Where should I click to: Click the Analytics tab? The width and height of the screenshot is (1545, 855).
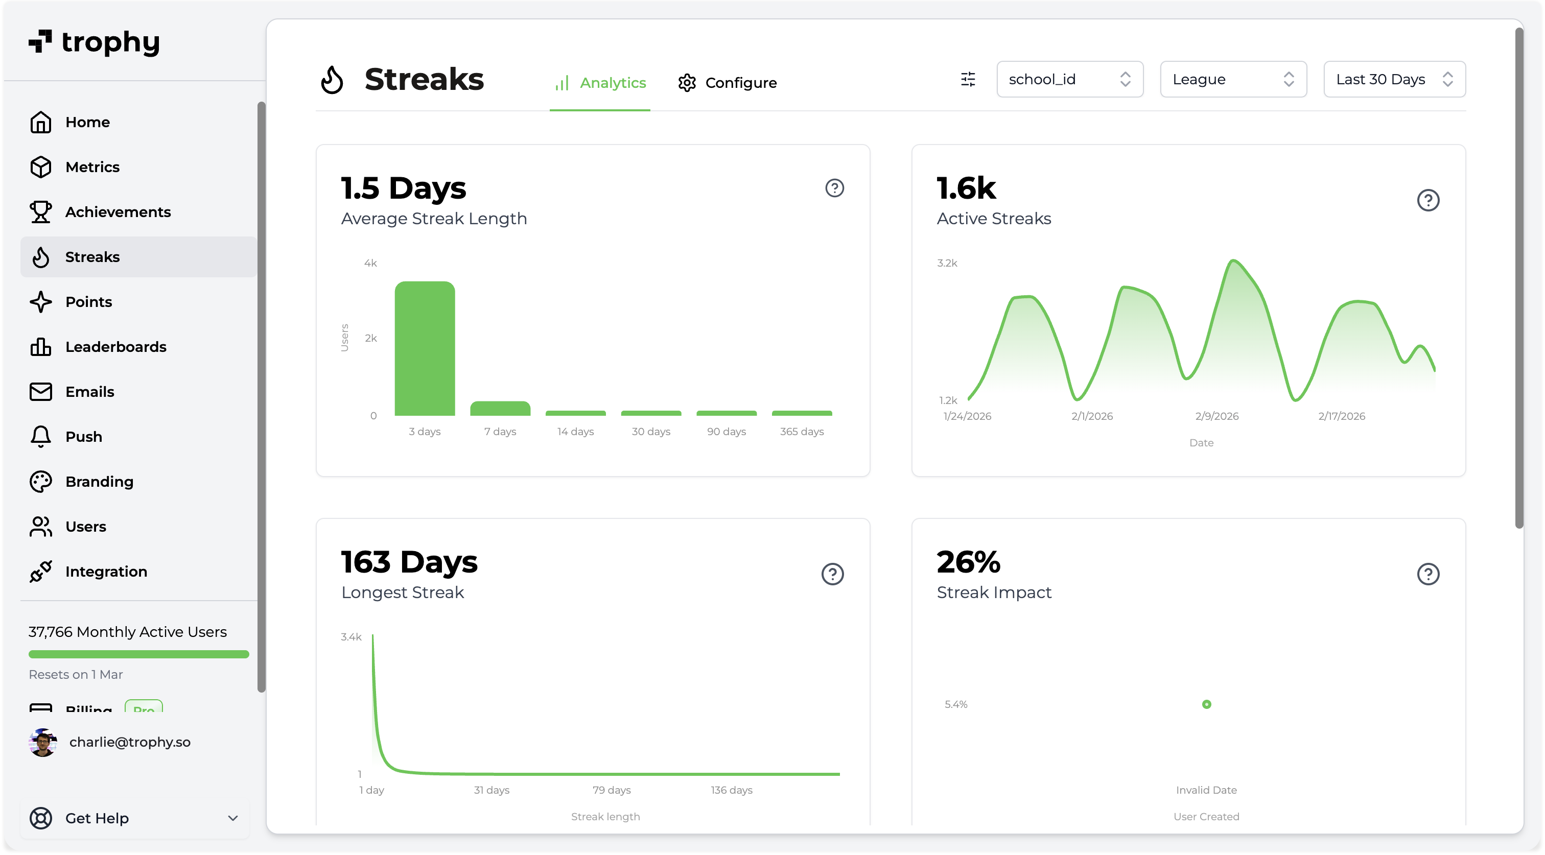[600, 82]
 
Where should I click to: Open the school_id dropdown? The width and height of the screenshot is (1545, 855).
[1069, 79]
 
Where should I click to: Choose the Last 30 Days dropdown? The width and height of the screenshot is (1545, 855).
[1394, 79]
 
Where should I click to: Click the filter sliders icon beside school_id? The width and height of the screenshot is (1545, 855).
[968, 79]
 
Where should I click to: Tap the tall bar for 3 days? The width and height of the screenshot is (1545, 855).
[425, 348]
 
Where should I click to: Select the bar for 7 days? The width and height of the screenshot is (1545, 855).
[500, 408]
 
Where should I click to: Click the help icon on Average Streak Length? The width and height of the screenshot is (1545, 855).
[834, 188]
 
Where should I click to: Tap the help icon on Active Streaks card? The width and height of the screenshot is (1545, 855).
[1427, 200]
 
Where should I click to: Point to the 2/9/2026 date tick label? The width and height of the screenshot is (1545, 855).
[1216, 416]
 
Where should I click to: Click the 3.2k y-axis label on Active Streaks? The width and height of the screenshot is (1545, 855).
[947, 263]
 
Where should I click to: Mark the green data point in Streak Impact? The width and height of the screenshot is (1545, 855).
[1206, 704]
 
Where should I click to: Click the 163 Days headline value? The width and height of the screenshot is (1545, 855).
[409, 562]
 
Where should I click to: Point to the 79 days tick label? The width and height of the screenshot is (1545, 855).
[611, 790]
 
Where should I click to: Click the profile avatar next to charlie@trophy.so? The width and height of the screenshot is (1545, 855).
[42, 742]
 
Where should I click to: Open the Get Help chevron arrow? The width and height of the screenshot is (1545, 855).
[232, 818]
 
